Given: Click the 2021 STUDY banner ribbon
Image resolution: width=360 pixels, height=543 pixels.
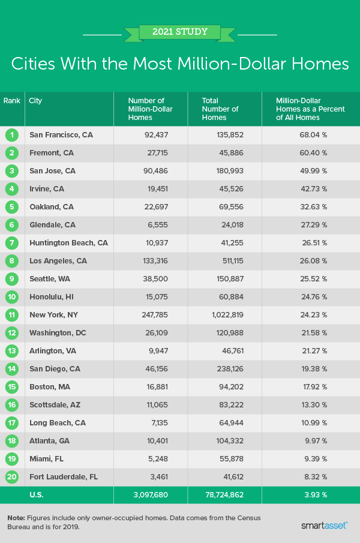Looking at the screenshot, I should [179, 32].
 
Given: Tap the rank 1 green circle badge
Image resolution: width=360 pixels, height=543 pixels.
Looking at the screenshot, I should [11, 135].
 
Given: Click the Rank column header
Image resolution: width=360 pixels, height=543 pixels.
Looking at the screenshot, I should [11, 101].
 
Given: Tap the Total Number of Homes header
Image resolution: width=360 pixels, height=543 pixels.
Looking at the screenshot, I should [220, 109].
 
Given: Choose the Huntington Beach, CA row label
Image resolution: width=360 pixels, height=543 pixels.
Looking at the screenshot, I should [68, 243].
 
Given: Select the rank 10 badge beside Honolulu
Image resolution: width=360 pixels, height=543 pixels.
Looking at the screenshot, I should [11, 297].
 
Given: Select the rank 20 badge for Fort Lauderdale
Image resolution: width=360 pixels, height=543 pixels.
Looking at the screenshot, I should [11, 477].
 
